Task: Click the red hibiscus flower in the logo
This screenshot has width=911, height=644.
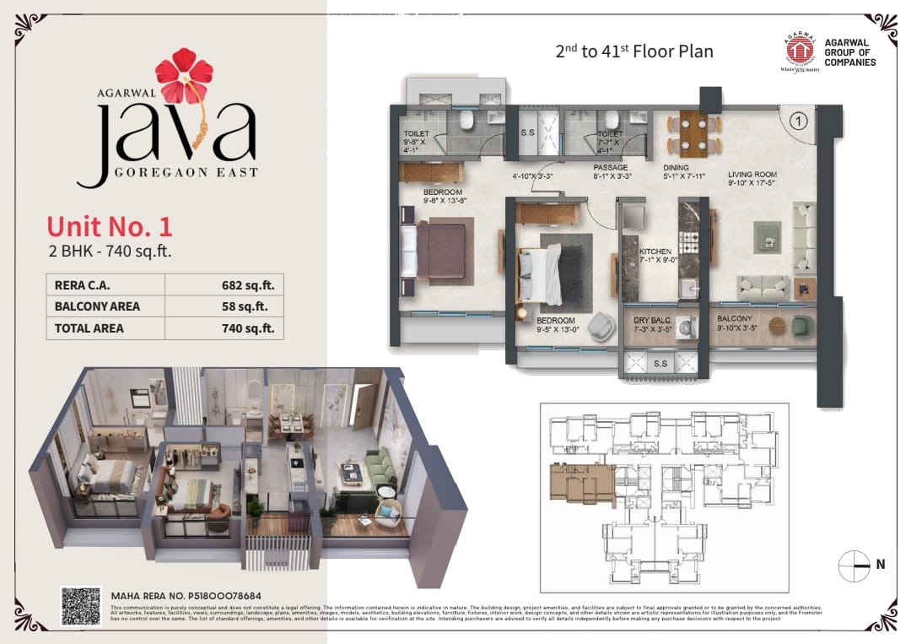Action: pos(184,77)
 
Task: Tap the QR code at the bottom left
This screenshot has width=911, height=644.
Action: pos(81,606)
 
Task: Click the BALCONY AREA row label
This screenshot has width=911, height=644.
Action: pos(97,306)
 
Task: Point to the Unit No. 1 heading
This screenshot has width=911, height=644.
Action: pos(110,226)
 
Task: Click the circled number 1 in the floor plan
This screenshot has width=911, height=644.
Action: pos(795,122)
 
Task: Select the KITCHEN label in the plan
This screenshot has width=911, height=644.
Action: pos(655,252)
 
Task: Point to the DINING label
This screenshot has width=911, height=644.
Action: pos(676,168)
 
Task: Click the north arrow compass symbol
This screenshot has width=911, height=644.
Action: pos(854,565)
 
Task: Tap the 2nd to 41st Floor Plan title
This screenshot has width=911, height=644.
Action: pos(633,51)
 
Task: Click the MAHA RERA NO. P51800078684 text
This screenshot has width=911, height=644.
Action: pos(186,596)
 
